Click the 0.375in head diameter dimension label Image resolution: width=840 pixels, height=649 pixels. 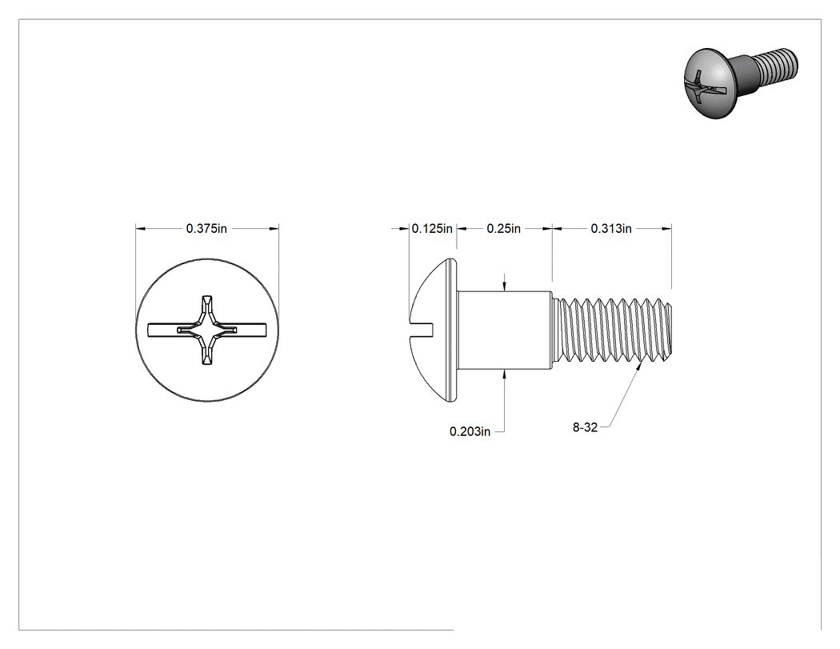[206, 229]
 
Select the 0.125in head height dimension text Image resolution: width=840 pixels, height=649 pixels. [432, 229]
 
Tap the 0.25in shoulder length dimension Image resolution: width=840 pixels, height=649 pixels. [503, 229]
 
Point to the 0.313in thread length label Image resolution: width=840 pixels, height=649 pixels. [610, 229]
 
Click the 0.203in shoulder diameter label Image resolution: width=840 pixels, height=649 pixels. [470, 431]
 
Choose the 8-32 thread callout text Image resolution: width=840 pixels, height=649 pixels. [585, 427]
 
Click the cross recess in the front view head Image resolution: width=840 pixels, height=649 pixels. [206, 330]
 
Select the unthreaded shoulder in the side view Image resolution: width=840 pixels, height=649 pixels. [505, 330]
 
